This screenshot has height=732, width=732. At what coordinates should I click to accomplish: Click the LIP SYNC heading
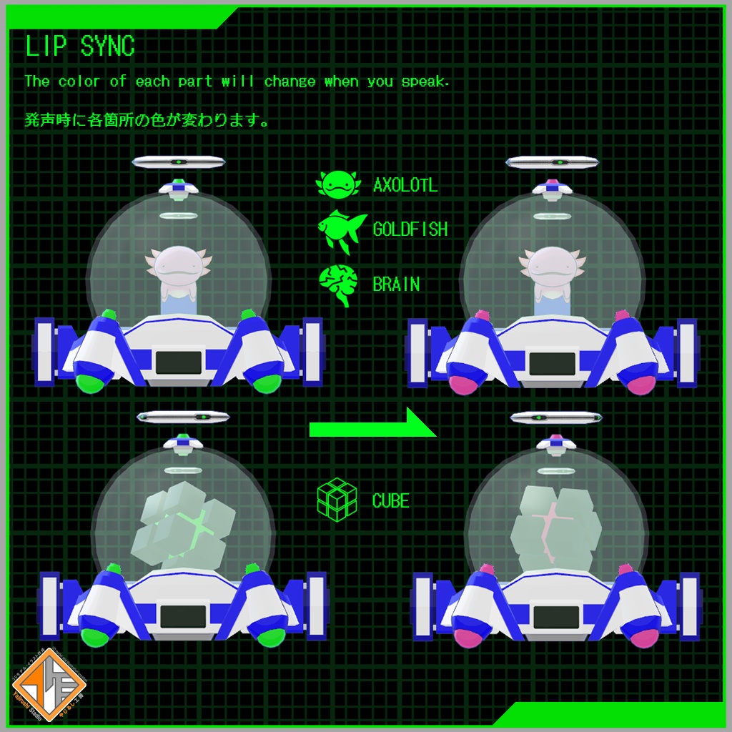(x=79, y=46)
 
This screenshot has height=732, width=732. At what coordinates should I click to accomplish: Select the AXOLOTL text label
(x=405, y=186)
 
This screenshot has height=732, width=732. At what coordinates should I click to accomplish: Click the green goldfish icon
(x=340, y=230)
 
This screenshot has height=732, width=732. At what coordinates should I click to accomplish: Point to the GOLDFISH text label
(x=410, y=229)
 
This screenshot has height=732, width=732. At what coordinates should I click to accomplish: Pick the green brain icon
(x=338, y=285)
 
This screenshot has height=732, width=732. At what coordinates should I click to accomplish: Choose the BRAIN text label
(x=396, y=285)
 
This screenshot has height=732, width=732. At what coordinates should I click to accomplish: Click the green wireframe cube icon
(x=337, y=500)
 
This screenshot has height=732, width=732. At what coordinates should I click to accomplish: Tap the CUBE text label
(x=390, y=500)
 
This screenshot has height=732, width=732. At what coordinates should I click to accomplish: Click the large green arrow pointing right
(x=372, y=427)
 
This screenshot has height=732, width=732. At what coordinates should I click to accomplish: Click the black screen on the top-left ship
(x=178, y=362)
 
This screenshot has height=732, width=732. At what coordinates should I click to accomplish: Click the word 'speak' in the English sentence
(x=424, y=81)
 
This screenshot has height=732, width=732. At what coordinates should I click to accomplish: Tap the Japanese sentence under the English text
(x=147, y=120)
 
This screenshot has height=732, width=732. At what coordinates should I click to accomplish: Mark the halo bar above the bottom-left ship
(x=183, y=417)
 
